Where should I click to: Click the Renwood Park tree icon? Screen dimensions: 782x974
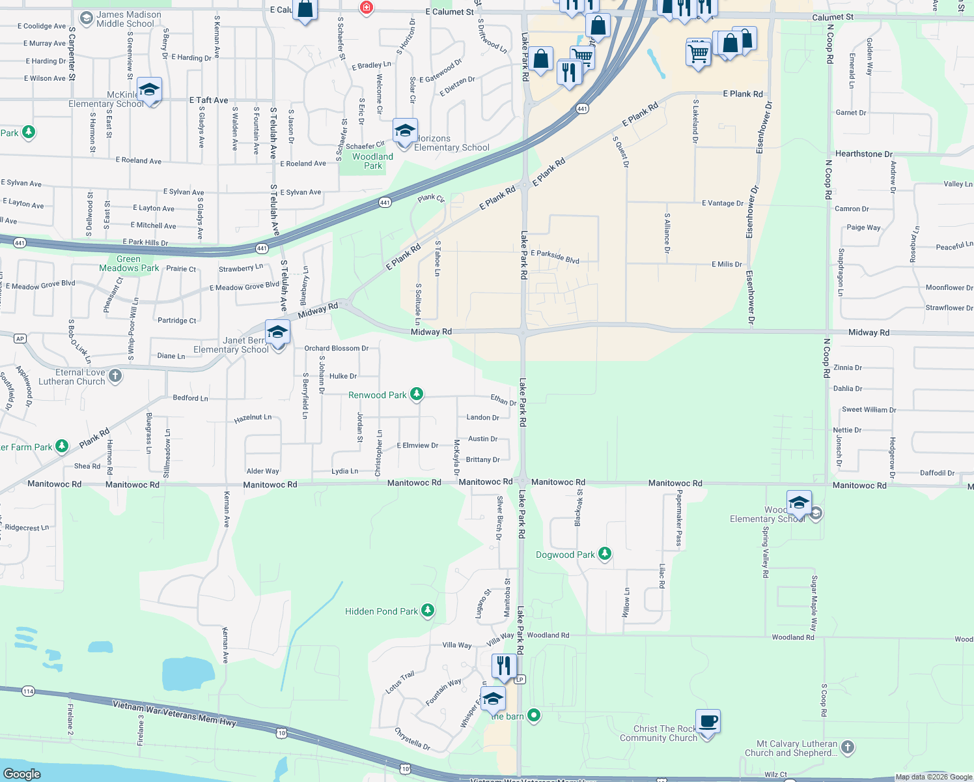[417, 394]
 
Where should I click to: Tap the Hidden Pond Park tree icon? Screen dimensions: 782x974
[428, 611]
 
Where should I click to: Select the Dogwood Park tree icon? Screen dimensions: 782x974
[605, 554]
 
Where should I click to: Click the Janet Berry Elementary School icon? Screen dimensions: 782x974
[277, 332]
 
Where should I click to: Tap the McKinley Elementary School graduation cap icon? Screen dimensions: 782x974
[149, 90]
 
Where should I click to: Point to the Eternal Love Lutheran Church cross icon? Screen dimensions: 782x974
[115, 375]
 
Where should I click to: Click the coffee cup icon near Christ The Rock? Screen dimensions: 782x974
[708, 721]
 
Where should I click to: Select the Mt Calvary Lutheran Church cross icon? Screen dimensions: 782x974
[848, 747]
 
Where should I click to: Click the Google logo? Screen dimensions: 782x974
[22, 774]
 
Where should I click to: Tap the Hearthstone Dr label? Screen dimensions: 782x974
[863, 154]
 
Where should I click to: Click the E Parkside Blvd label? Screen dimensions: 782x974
[555, 257]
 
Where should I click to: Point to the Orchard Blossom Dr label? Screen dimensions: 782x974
[336, 349]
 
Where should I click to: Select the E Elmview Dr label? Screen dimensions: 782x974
[417, 446]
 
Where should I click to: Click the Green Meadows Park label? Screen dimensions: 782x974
[129, 264]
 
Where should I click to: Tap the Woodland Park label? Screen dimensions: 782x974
[372, 161]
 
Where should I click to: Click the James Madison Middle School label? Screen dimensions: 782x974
[128, 19]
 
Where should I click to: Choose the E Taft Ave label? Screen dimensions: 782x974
[208, 100]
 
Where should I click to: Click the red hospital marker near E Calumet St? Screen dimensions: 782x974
[367, 7]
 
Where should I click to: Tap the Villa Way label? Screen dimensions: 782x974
[457, 645]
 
